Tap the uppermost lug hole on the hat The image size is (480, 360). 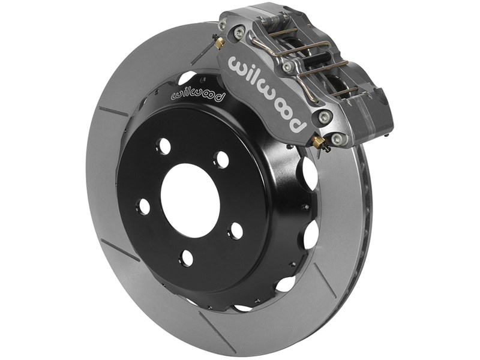tap(163, 146)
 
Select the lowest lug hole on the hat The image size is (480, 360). tap(187, 258)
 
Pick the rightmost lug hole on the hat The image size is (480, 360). tap(236, 231)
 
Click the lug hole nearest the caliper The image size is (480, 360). tap(221, 160)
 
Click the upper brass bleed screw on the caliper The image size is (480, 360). tap(219, 42)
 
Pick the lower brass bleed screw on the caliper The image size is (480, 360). tap(318, 142)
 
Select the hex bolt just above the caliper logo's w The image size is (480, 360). tap(239, 32)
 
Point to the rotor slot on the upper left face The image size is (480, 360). tap(113, 112)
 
